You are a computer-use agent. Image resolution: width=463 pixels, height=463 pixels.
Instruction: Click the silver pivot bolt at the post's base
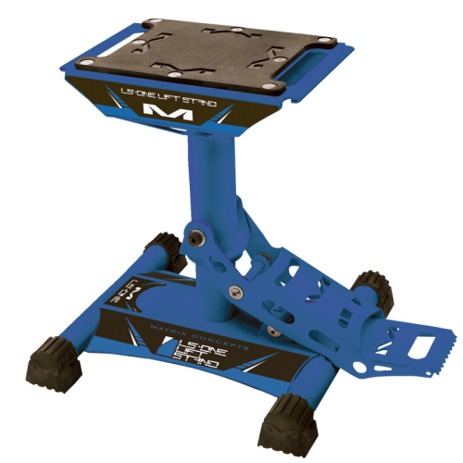coord(197,239)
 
